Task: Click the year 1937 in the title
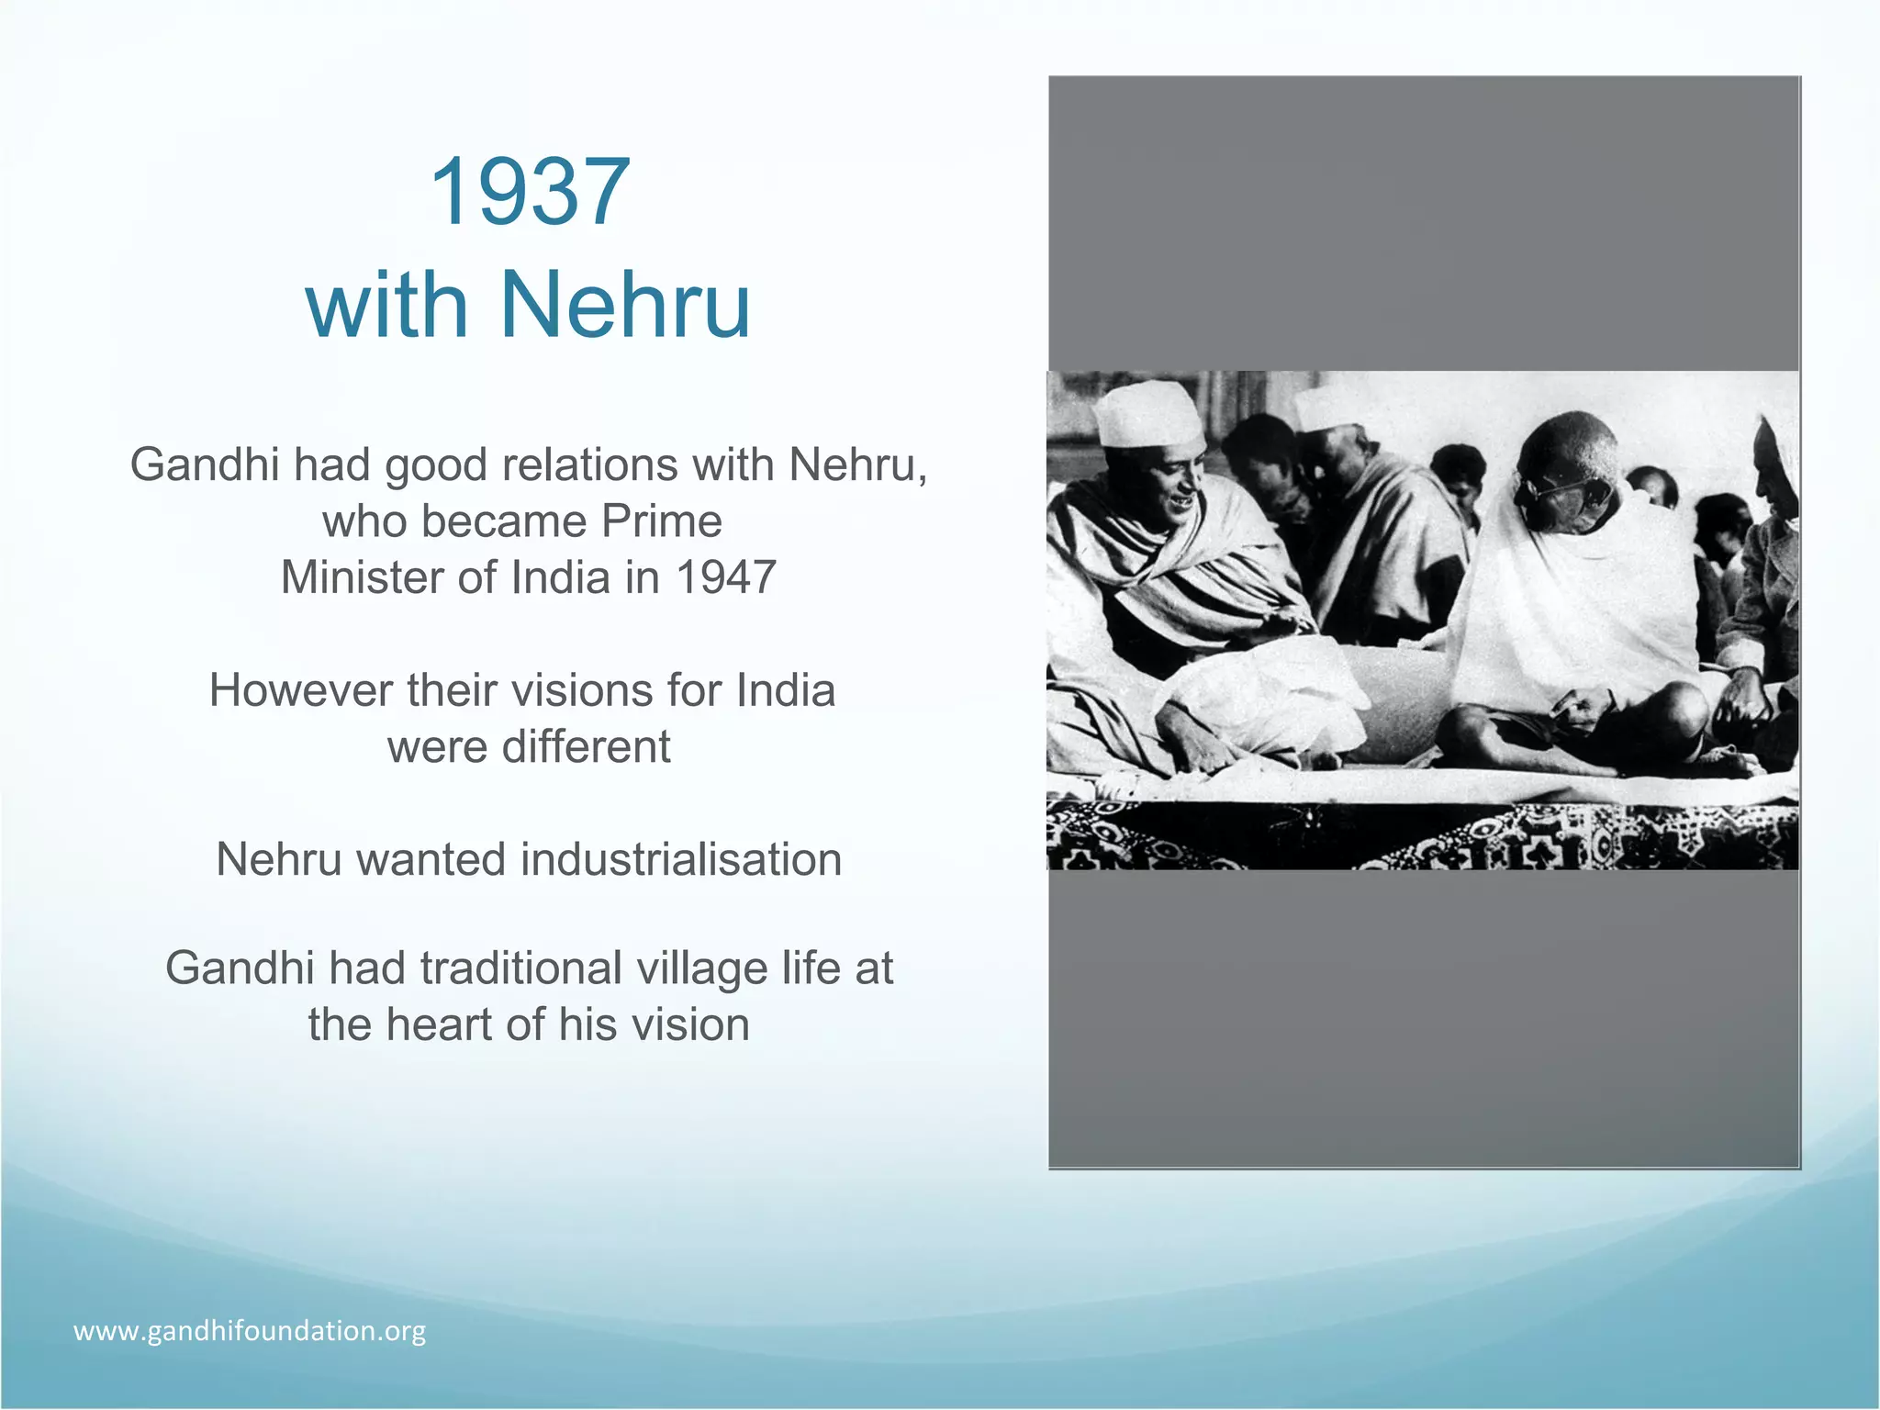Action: click(529, 192)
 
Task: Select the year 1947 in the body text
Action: click(726, 577)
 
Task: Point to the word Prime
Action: click(662, 521)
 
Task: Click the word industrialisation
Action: click(681, 860)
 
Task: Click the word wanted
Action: click(431, 860)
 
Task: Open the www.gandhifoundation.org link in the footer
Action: click(250, 1331)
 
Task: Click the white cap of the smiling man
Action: click(1149, 415)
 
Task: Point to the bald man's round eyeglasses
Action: click(1572, 492)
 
